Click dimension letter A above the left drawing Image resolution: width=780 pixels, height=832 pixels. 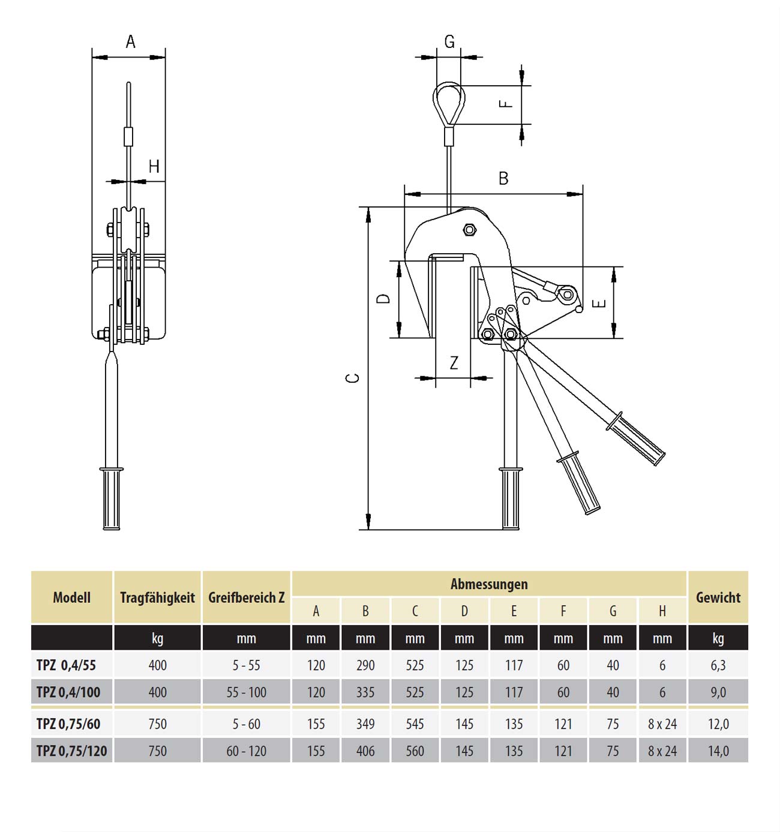click(130, 42)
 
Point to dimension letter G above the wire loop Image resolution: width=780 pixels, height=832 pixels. click(449, 42)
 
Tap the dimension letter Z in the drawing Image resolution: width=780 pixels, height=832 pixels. click(454, 363)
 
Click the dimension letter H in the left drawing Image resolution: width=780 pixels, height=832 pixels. click(154, 167)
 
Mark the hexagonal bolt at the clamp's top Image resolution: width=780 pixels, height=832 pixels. click(469, 230)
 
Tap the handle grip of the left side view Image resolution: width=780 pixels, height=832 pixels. click(112, 498)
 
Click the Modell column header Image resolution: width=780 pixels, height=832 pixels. click(71, 597)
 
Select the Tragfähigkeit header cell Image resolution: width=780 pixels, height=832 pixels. click(158, 598)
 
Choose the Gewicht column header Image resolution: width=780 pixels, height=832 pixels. click(718, 597)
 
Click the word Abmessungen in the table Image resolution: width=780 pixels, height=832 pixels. click(489, 584)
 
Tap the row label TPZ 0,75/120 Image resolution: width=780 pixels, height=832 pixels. click(71, 751)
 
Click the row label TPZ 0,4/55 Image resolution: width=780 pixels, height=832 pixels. click(66, 665)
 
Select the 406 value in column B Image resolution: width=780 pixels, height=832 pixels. click(365, 751)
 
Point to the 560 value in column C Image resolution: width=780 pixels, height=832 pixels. click(415, 751)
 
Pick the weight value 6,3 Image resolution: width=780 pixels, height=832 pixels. click(718, 665)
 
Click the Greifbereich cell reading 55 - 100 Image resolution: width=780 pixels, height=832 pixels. click(247, 692)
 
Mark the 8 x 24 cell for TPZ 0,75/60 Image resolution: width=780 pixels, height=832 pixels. click(662, 724)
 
